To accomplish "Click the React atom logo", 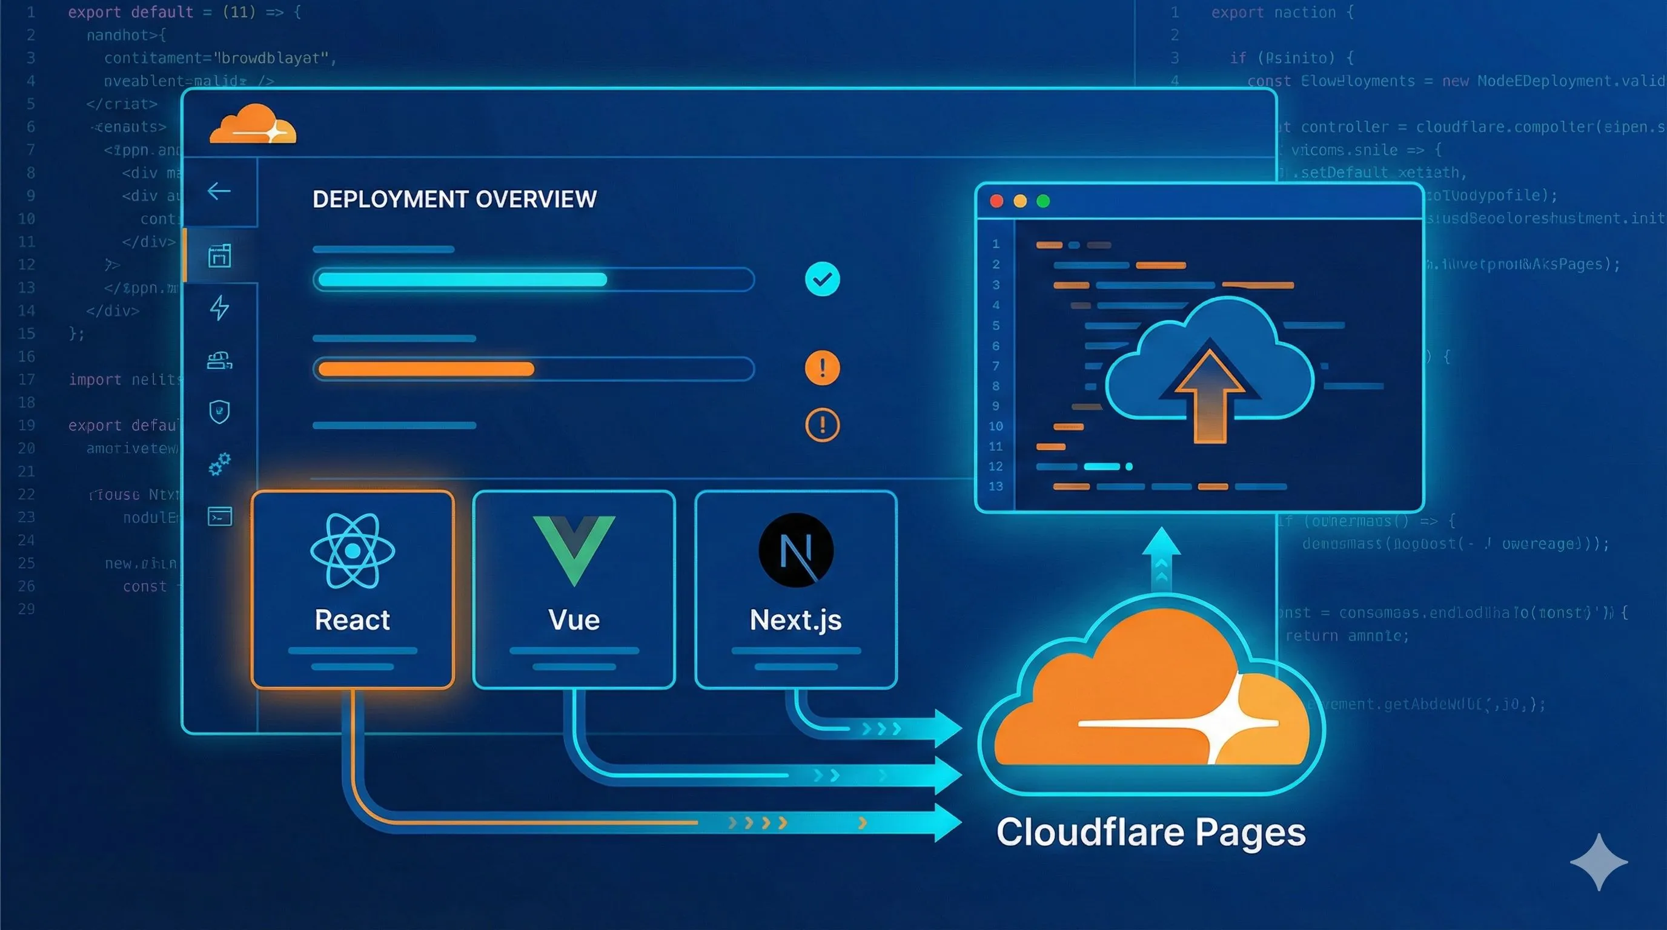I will [352, 550].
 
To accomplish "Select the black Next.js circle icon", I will [795, 550].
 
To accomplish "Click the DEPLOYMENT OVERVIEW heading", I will [454, 199].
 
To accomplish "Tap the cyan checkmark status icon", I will [822, 279].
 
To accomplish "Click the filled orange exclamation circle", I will [822, 368].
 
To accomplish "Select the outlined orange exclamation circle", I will [822, 425].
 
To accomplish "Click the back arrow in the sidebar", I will [219, 191].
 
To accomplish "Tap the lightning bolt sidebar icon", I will [219, 308].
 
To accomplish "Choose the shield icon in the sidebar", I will [219, 411].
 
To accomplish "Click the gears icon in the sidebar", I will [219, 464].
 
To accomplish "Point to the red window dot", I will [996, 201].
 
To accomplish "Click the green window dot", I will [1043, 201].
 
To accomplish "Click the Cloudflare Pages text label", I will [1150, 832].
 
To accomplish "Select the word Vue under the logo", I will [574, 619].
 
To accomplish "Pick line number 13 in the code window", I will [995, 486].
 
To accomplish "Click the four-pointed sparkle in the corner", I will [1599, 862].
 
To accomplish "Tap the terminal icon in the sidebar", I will [219, 516].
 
